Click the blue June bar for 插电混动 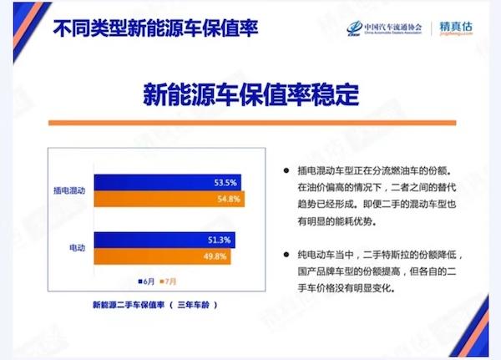pos(168,182)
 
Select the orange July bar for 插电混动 pos(170,199)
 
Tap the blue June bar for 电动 pos(164,240)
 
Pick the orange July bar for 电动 pos(162,256)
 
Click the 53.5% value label pos(225,183)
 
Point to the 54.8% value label pos(229,199)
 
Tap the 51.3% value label pos(219,240)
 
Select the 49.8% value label pos(215,256)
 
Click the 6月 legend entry pos(146,281)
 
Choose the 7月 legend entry pos(168,281)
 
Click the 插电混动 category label pos(69,190)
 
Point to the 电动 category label pos(78,248)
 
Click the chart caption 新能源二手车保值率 pos(129,305)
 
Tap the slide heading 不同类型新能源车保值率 pos(155,28)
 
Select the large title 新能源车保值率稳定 pos(251,94)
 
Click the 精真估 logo pos(456,28)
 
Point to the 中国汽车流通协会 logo pos(384,28)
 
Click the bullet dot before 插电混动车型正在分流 pos(286,170)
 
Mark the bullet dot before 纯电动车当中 pos(286,255)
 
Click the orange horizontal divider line pos(252,123)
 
